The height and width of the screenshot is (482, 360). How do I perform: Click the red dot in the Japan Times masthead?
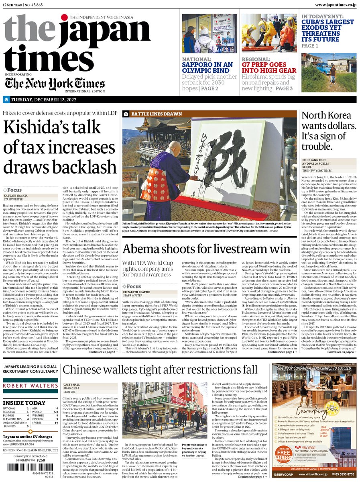click(65, 18)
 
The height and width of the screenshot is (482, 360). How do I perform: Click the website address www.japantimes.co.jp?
click(330, 4)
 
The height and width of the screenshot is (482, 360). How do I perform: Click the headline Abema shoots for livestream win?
click(206, 249)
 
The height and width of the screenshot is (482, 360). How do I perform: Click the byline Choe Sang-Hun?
click(315, 159)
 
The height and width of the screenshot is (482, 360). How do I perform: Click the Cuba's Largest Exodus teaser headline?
click(328, 31)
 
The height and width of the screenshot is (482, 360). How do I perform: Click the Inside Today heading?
click(24, 402)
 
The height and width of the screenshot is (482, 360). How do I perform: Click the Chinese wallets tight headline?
click(160, 370)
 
